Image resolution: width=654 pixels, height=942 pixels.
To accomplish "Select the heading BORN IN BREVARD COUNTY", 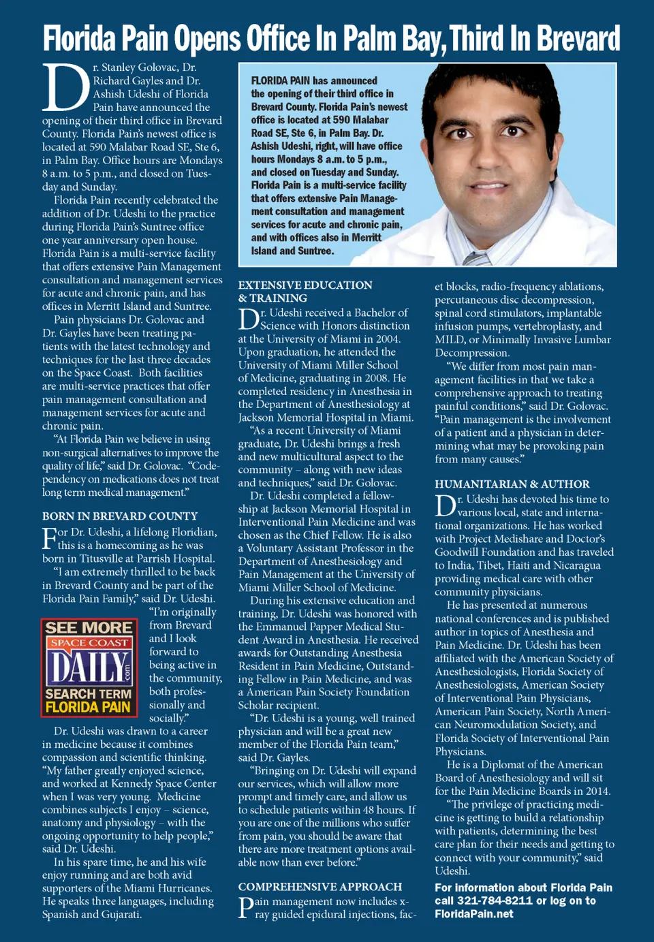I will [120, 516].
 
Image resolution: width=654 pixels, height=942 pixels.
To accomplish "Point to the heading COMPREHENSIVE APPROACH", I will [320, 886].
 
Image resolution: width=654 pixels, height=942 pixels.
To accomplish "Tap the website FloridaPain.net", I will [474, 914].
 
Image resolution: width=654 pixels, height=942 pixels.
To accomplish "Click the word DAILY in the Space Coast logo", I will [88, 667].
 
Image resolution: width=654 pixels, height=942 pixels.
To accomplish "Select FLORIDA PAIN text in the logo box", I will [88, 707].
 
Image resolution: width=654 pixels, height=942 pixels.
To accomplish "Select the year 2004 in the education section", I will [387, 339].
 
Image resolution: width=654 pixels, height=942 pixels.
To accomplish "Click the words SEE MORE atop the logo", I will [89, 627].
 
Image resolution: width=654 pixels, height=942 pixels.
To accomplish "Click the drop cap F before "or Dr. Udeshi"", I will [49, 537].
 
